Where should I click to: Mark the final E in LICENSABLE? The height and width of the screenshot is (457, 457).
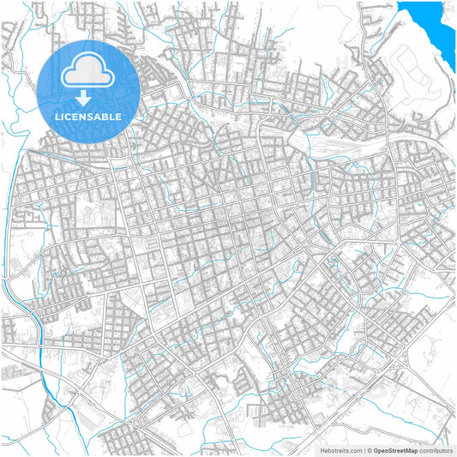pyautogui.click(x=119, y=116)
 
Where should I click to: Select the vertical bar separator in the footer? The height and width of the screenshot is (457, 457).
pyautogui.click(x=363, y=449)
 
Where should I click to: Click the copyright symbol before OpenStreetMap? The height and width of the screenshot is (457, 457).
pyautogui.click(x=369, y=449)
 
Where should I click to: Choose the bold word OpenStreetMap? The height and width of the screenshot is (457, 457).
pyautogui.click(x=395, y=449)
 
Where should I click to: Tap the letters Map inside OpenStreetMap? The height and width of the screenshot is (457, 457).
pyautogui.click(x=411, y=449)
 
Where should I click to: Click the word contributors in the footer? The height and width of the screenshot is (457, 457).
pyautogui.click(x=436, y=449)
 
